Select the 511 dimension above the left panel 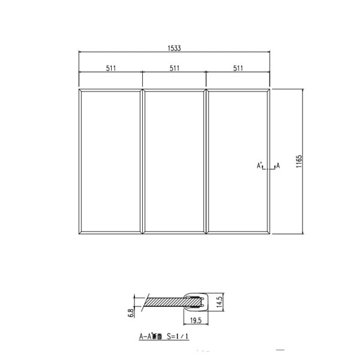pos(111,68)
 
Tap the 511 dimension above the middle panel pos(175,68)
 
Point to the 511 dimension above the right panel pos(238,68)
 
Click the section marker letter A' pos(260,164)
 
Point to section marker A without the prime pos(278,164)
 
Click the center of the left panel pos(111,161)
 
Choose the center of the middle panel pos(175,161)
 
